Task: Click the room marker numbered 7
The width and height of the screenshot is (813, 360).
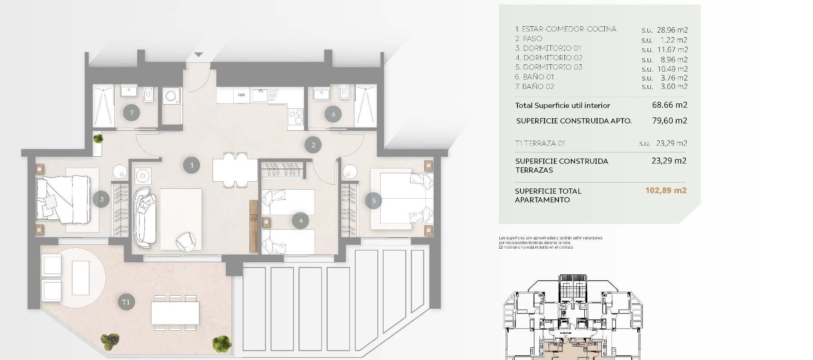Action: coord(132,113)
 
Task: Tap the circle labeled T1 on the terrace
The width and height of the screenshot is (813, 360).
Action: coord(126,302)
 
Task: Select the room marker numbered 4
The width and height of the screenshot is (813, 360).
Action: coord(301,221)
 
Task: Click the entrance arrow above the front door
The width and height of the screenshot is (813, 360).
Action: coord(199,55)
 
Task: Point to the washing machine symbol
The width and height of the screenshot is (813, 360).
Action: coord(171,97)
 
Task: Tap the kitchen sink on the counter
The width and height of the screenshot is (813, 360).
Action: coord(259,95)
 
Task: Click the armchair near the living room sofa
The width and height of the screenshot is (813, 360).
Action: coord(186,242)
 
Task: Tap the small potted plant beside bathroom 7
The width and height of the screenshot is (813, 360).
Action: coord(98,138)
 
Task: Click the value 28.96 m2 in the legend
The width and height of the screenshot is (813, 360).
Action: coord(672,30)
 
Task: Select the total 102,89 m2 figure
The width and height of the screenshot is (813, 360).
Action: coord(666,191)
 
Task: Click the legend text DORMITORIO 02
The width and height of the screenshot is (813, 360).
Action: coord(553,58)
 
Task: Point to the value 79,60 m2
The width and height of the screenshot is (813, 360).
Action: coord(669,121)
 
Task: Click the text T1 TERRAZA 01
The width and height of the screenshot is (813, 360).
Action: coord(540,143)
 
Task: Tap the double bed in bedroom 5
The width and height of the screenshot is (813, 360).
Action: coord(402,198)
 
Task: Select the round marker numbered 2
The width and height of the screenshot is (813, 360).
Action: coord(313,145)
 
